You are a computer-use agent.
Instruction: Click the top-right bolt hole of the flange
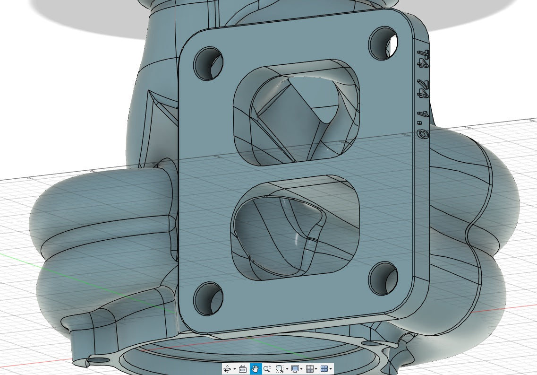coord(383,42)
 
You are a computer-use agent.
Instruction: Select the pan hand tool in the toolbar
coord(255,369)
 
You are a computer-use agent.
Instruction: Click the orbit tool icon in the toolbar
coord(227,369)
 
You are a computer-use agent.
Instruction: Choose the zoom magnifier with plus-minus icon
coord(267,369)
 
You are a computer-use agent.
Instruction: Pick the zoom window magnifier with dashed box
coord(280,369)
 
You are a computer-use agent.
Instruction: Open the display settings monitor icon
coord(296,369)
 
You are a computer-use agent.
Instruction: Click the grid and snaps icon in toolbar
coord(310,369)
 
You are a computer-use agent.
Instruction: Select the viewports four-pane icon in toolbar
coord(324,369)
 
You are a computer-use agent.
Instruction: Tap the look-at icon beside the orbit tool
coord(243,369)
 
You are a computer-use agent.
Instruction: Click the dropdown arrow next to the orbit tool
coord(234,369)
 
